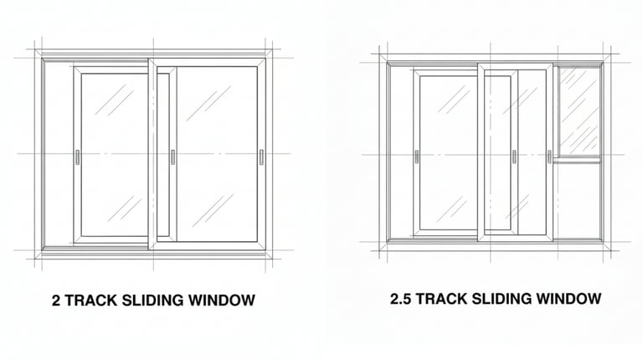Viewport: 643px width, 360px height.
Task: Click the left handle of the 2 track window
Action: click(77, 157)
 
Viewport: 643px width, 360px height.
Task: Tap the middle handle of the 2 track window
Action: click(172, 157)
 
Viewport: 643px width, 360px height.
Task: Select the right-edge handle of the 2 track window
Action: click(261, 157)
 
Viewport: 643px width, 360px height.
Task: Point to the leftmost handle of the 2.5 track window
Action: click(416, 157)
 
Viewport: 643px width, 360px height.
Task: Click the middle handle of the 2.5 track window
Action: click(513, 157)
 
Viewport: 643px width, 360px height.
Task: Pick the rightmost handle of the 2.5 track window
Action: click(549, 157)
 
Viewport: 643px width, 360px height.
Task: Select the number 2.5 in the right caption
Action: click(400, 299)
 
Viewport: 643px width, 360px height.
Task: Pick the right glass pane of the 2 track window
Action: click(217, 155)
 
